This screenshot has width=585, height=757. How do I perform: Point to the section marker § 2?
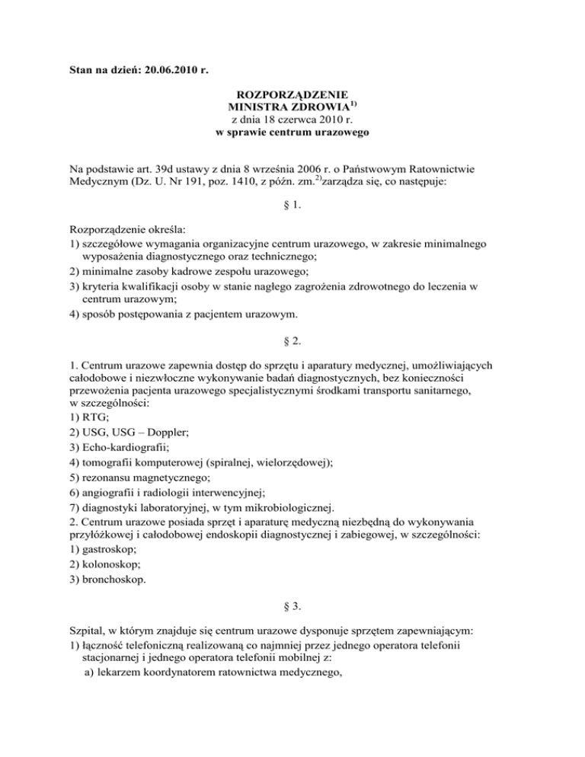[x=292, y=361]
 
